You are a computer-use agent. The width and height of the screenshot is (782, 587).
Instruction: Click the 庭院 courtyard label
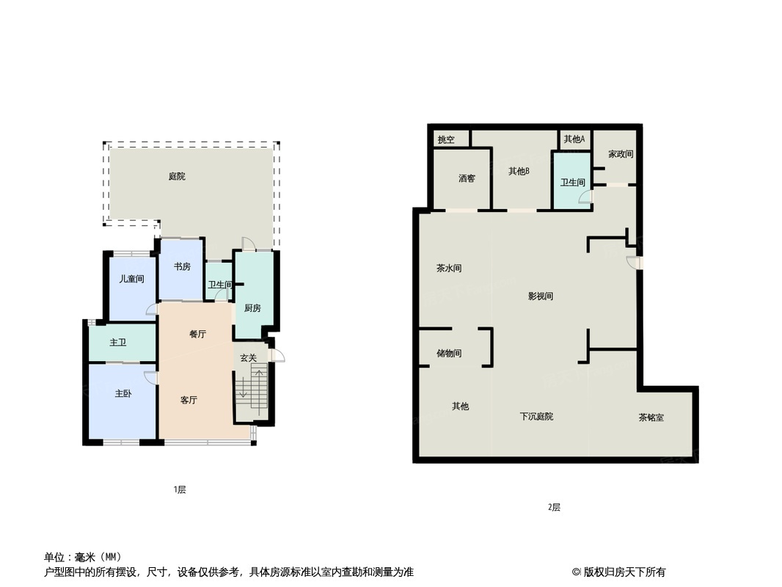point(177,176)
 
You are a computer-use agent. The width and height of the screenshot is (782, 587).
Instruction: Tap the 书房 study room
point(181,267)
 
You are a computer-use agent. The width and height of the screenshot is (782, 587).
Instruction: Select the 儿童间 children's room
point(132,280)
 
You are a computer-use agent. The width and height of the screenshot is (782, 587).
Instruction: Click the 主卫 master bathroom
point(118,343)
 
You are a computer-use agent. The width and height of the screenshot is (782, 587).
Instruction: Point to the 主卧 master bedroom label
point(123,394)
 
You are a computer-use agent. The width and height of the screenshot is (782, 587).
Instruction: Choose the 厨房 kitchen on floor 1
point(252,308)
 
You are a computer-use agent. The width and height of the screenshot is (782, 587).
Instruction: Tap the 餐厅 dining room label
point(197,334)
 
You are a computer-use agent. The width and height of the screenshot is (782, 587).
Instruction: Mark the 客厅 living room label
point(189,400)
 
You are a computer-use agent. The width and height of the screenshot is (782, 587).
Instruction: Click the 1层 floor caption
point(180,489)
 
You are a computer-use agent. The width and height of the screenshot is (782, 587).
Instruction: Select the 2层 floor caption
point(554,507)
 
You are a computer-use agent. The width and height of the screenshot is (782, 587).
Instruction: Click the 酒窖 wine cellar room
point(467,178)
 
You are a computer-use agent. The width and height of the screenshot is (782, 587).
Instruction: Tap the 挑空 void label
point(446,139)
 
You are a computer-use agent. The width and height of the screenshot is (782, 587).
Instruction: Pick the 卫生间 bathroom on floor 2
point(572,183)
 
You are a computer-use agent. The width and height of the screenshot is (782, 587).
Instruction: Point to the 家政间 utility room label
point(621,155)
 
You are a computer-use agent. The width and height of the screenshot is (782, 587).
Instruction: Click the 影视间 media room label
point(540,296)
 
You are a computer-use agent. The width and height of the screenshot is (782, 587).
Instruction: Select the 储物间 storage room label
point(449,354)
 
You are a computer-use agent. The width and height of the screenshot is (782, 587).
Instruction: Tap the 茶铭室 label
point(651,418)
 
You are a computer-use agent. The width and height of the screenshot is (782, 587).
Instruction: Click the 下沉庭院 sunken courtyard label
point(536,417)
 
